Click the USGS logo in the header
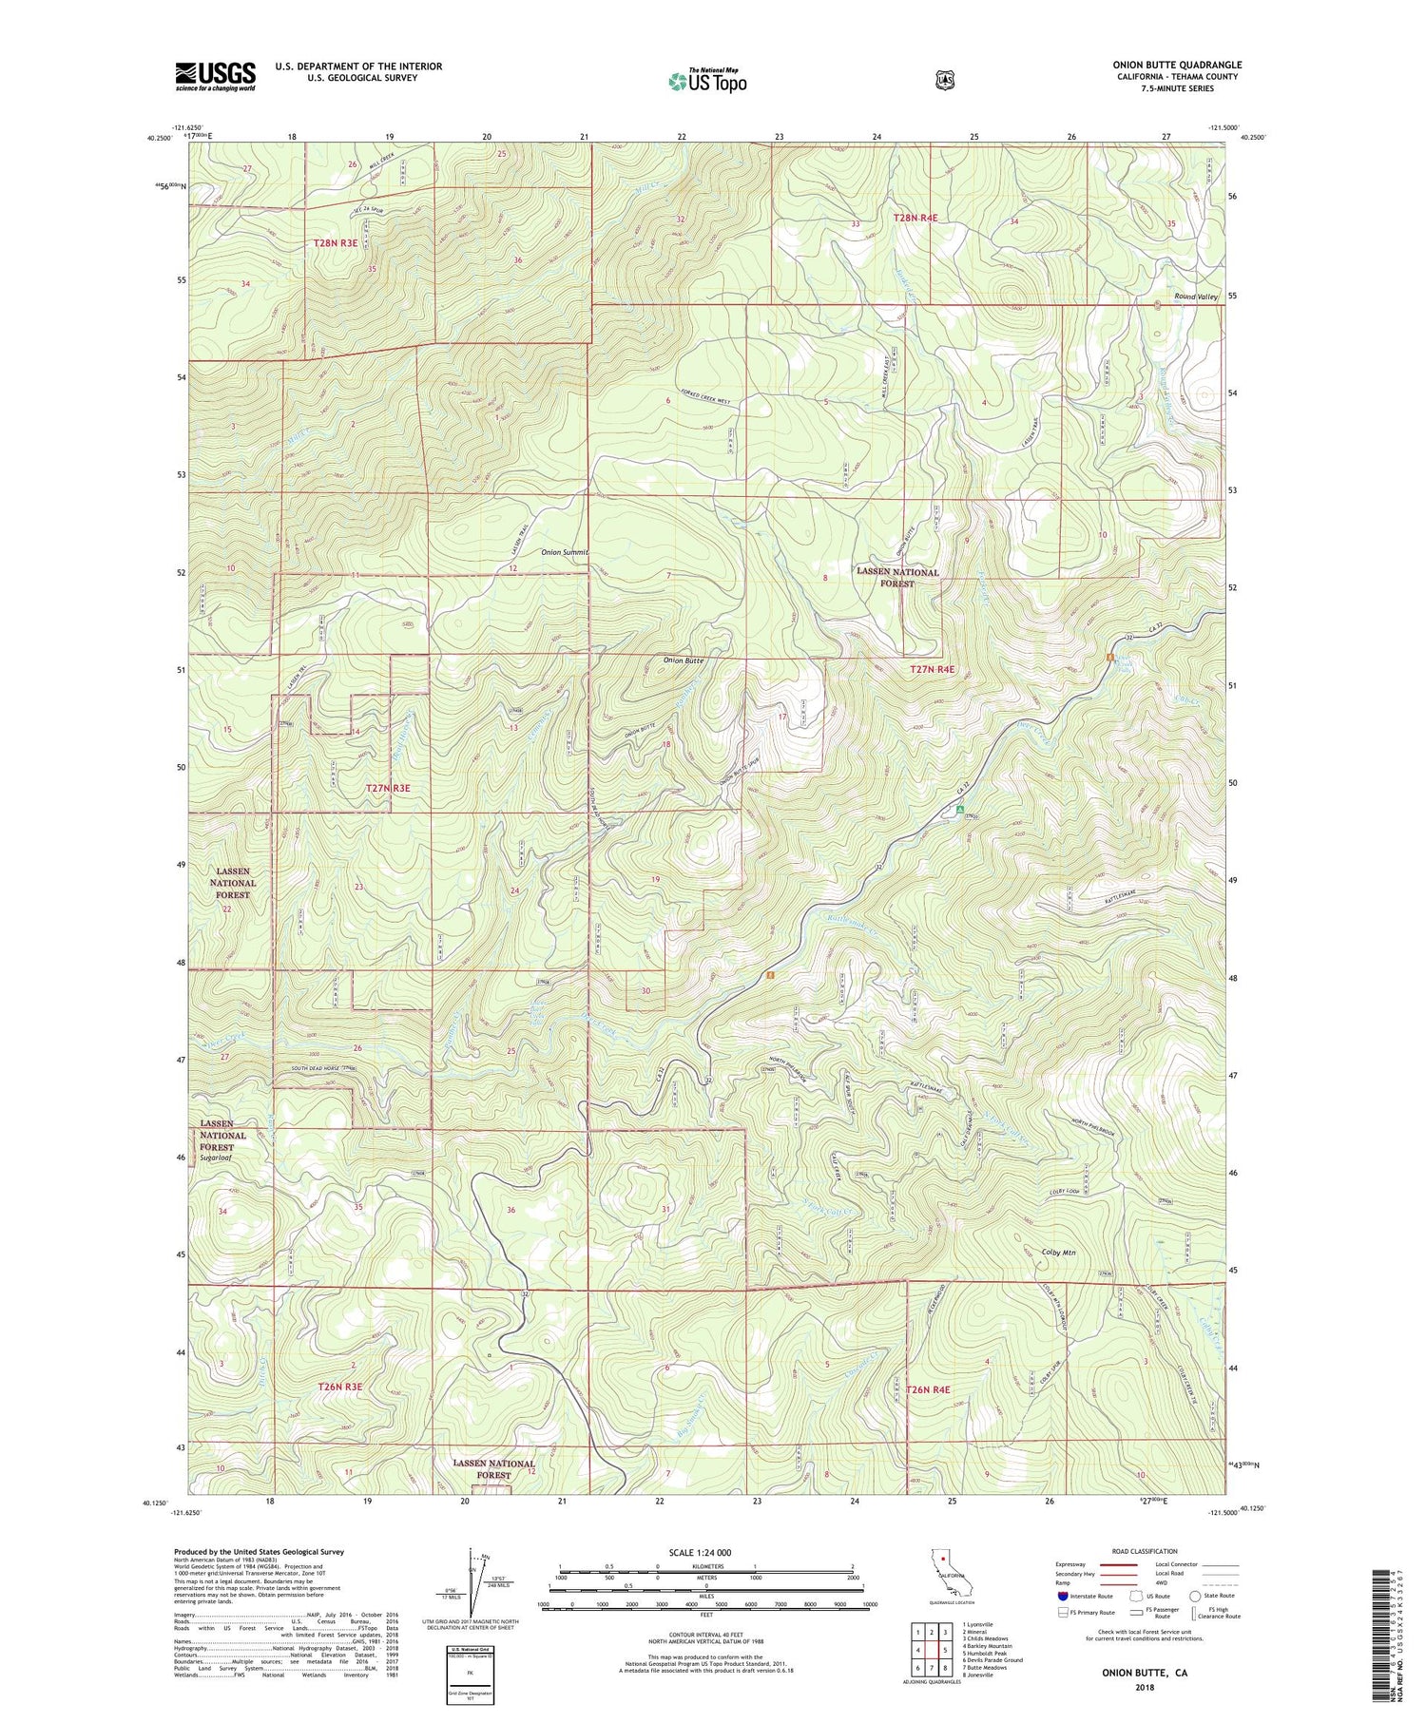click(215, 75)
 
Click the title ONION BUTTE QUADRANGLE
click(1177, 65)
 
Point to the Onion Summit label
click(565, 552)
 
